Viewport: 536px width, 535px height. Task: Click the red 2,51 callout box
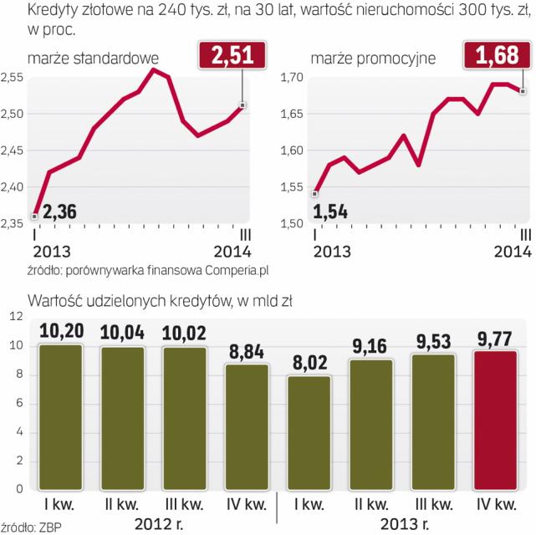pos(231,58)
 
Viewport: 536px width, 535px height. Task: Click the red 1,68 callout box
pos(497,58)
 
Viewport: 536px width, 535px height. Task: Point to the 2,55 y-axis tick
pos(13,78)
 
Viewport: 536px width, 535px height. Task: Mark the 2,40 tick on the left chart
pos(13,187)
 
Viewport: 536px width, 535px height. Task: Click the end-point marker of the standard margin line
pos(242,105)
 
